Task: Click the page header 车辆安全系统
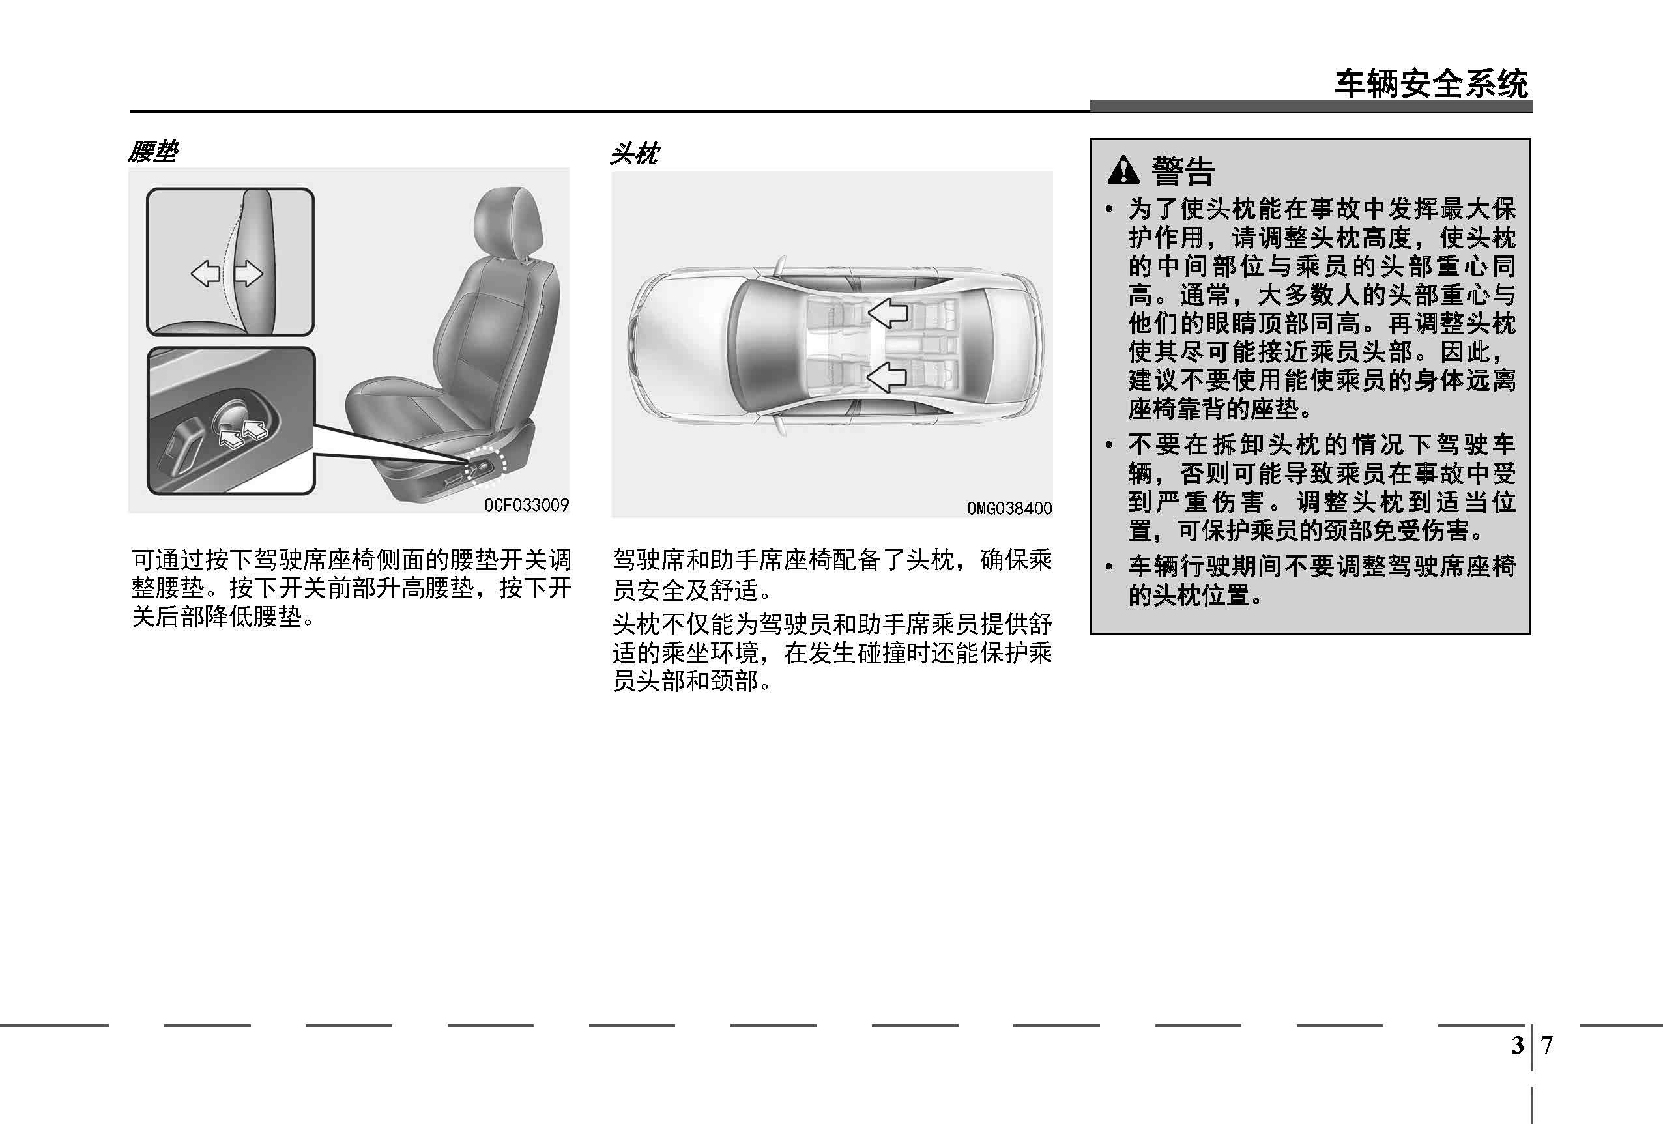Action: [x=1431, y=85]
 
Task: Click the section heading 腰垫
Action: [x=153, y=152]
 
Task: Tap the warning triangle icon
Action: [x=1123, y=169]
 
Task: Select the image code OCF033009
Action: [x=527, y=505]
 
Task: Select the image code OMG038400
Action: [x=1009, y=508]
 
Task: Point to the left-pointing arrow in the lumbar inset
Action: [x=205, y=273]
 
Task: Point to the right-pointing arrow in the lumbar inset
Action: [x=248, y=273]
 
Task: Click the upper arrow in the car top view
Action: [x=888, y=313]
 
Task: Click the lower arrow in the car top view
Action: [x=888, y=377]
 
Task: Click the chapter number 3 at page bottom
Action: [x=1517, y=1046]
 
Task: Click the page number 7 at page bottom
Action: [x=1547, y=1046]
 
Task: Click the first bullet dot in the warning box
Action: [x=1110, y=210]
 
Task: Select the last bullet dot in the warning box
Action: [x=1110, y=568]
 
